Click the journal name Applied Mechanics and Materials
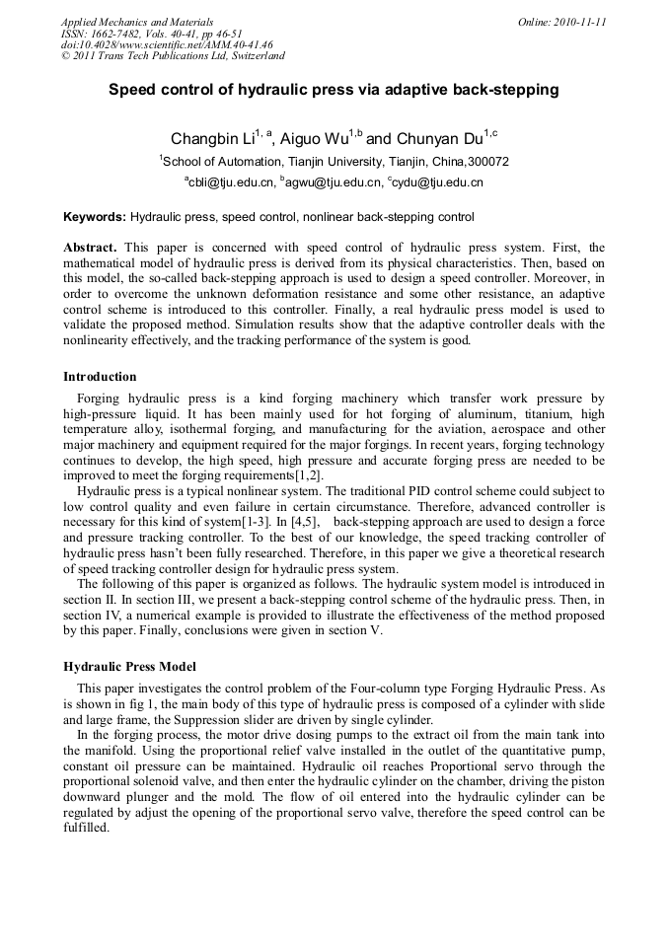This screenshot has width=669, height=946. [x=137, y=22]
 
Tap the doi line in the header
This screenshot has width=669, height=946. [x=167, y=45]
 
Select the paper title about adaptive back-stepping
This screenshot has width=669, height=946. [x=334, y=90]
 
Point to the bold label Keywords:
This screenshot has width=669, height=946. [x=95, y=216]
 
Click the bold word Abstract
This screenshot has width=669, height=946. [x=90, y=247]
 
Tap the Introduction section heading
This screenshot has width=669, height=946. [x=100, y=376]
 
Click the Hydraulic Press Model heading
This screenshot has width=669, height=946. [x=129, y=666]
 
